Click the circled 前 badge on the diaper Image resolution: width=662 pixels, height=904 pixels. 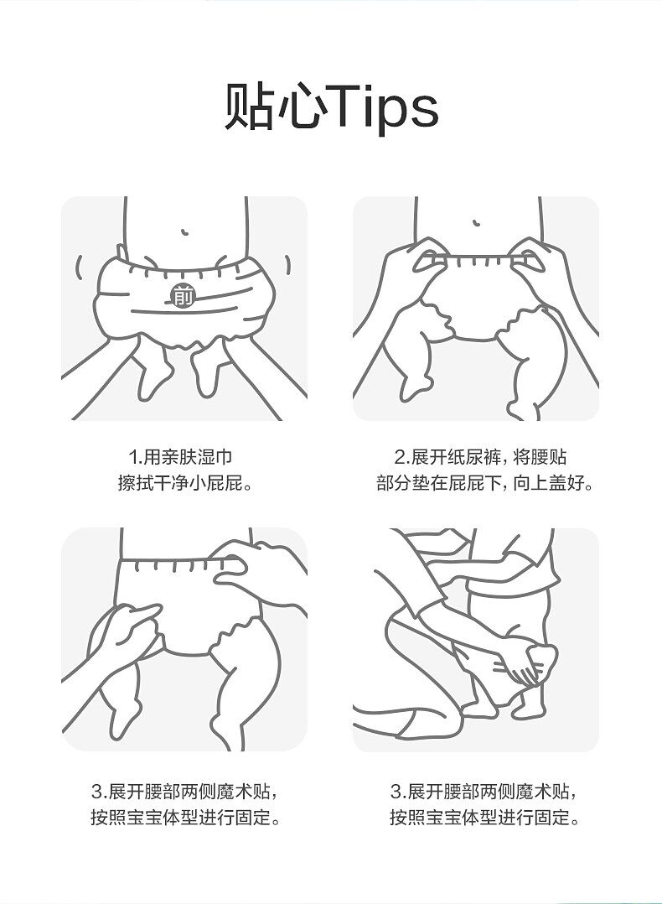click(182, 295)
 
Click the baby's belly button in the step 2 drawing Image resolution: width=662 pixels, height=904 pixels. click(475, 224)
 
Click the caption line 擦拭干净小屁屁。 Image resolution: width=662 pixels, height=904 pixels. click(184, 484)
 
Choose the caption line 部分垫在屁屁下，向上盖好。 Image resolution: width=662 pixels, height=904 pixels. click(484, 484)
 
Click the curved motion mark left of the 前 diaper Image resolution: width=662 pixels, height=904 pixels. click(80, 268)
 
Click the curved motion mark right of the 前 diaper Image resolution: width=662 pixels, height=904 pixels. click(287, 266)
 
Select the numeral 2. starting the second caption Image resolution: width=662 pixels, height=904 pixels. click(400, 457)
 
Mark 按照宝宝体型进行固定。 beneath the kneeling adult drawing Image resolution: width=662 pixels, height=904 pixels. click(484, 818)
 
